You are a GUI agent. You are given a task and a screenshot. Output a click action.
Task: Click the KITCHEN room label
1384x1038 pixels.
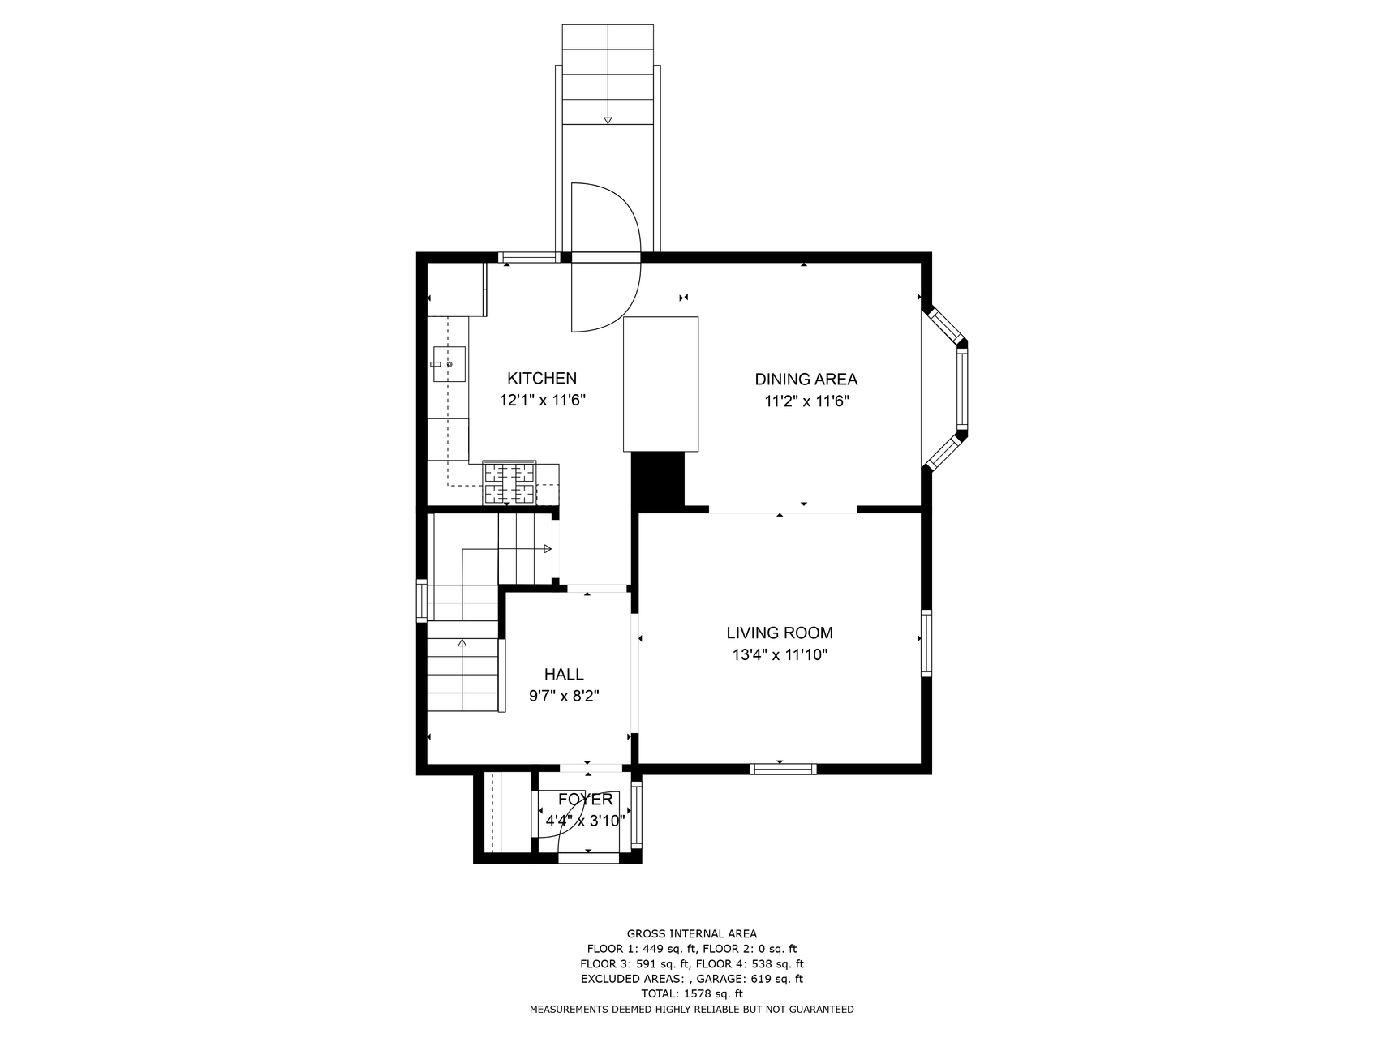click(x=542, y=378)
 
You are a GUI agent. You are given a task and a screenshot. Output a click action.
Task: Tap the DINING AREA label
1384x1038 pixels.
click(x=806, y=379)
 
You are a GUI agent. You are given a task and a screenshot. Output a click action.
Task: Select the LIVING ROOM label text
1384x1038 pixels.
click(x=780, y=633)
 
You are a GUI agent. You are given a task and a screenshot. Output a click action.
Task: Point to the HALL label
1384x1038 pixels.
click(x=564, y=674)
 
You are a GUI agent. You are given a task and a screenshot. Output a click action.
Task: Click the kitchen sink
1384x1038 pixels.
click(x=449, y=364)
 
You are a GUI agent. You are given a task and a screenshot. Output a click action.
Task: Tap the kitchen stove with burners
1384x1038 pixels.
click(x=509, y=483)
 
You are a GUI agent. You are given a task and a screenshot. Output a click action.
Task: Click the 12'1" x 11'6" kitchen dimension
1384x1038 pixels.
click(x=542, y=400)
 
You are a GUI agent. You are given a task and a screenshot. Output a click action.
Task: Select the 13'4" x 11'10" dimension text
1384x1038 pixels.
click(x=780, y=654)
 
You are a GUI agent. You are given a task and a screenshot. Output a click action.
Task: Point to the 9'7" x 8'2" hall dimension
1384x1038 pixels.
click(x=564, y=696)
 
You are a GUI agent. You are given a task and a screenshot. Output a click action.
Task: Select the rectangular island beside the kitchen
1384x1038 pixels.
click(x=660, y=384)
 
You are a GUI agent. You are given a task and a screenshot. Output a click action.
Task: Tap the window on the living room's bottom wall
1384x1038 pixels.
click(x=783, y=769)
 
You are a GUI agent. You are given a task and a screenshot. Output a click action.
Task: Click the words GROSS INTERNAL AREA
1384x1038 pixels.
click(x=692, y=933)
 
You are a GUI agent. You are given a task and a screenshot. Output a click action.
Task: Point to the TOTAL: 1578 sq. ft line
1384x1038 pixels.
click(x=692, y=993)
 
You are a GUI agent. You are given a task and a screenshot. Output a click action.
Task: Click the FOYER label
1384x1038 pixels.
click(x=585, y=800)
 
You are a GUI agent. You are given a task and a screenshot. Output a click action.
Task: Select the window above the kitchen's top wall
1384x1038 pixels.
click(x=529, y=258)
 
